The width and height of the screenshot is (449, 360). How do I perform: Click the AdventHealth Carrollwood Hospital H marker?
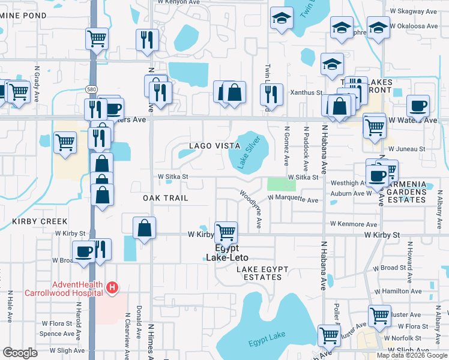point(112,289)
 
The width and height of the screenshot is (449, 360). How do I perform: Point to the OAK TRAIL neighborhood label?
point(166,197)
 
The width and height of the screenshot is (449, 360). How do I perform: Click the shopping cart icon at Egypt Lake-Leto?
point(226,231)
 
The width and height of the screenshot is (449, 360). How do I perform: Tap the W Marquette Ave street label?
point(293,200)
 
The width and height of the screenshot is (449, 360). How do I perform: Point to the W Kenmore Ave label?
point(354,224)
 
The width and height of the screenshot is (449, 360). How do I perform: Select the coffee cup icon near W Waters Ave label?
point(418,106)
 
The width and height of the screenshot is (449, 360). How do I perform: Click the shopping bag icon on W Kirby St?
point(145,227)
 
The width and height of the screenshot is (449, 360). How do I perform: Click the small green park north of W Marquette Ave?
point(277,184)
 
